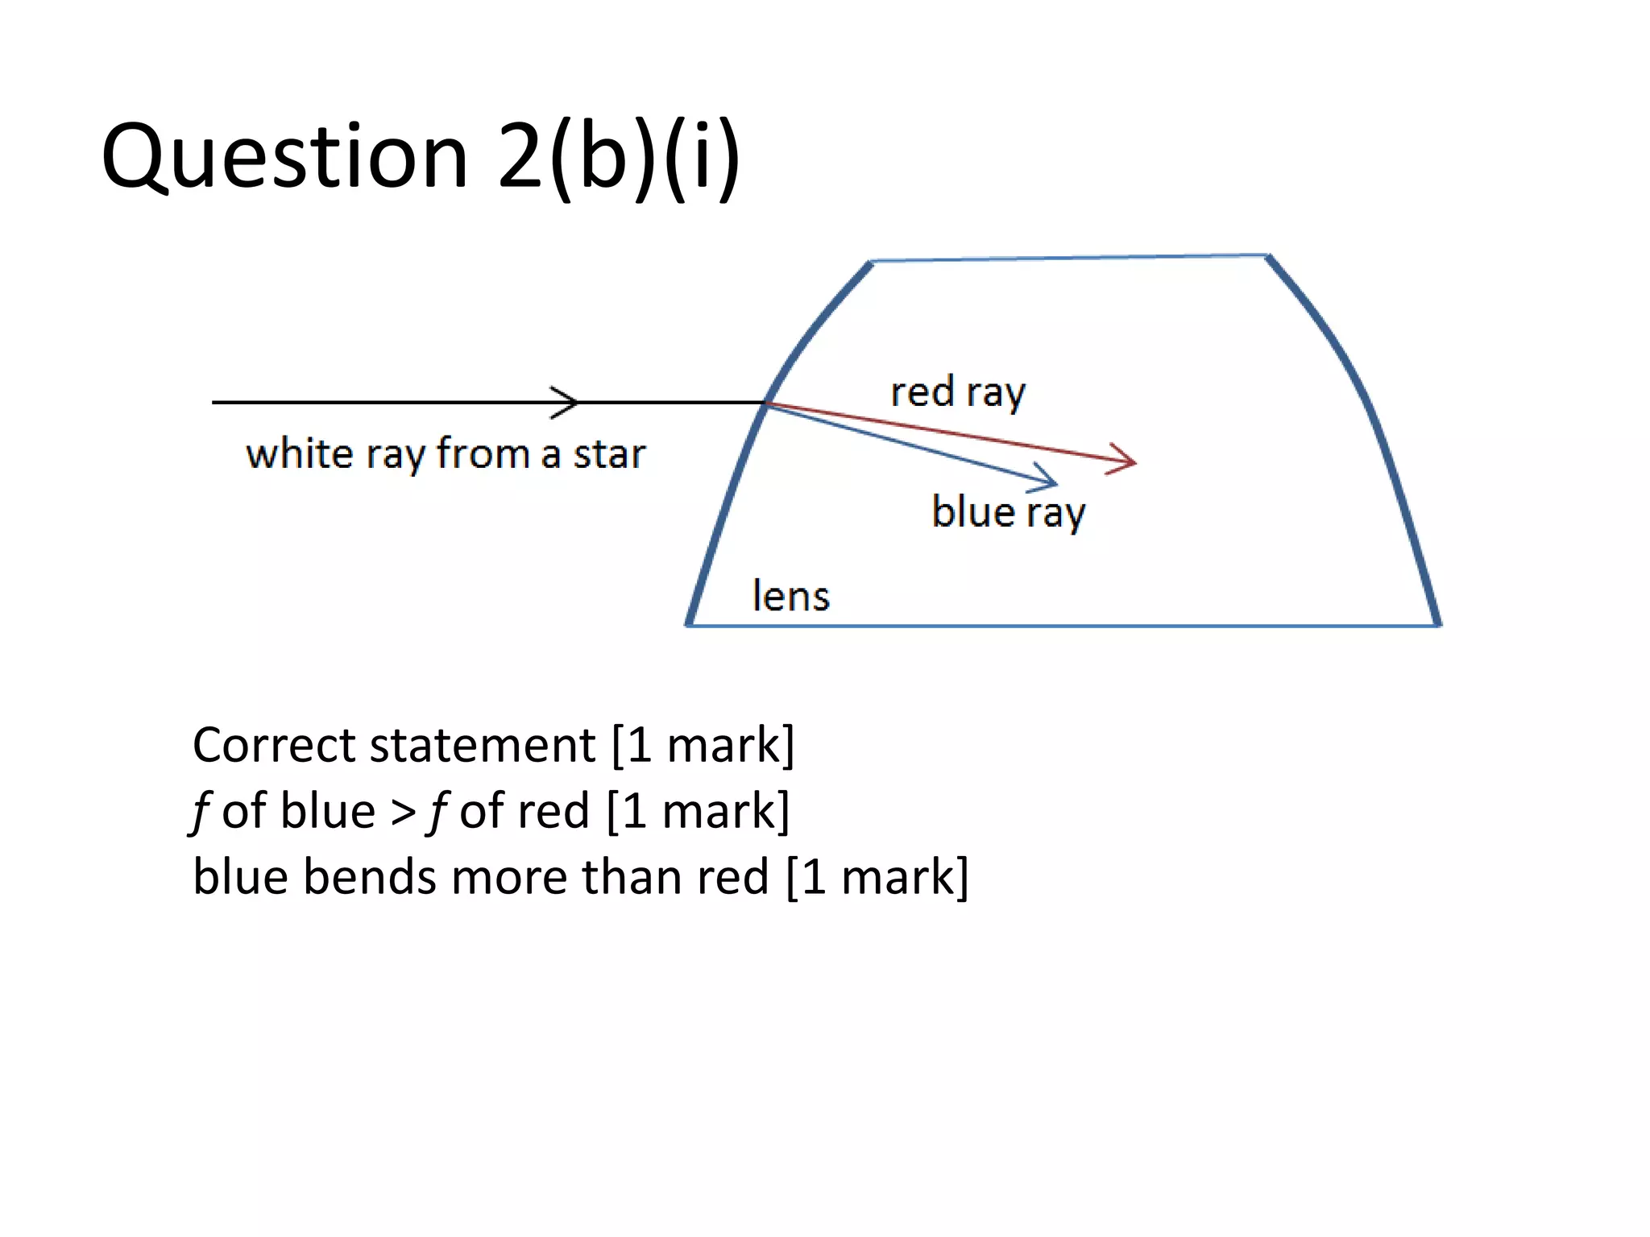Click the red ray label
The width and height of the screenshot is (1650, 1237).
[x=958, y=393]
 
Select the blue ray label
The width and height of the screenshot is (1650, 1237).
[x=1009, y=512]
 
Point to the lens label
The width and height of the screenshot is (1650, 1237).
[x=790, y=597]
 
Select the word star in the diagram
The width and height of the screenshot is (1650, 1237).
[x=609, y=455]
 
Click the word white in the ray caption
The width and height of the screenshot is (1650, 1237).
[x=300, y=454]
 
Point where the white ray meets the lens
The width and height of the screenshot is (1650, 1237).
[x=766, y=403]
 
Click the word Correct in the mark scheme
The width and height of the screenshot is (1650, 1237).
[x=275, y=745]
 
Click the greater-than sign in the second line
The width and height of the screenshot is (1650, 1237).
[x=403, y=812]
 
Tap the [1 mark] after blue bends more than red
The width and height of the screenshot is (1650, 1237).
[x=877, y=877]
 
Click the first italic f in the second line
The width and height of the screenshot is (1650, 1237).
[x=201, y=812]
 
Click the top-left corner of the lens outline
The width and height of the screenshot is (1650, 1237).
[x=872, y=262]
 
